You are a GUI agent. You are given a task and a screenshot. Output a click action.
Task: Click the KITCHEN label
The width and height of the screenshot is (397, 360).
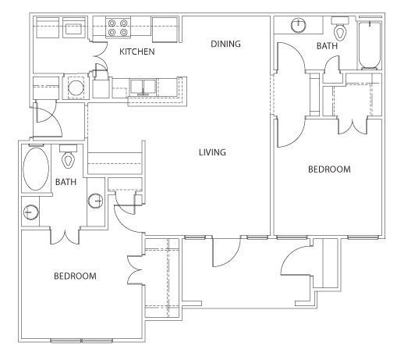(137, 52)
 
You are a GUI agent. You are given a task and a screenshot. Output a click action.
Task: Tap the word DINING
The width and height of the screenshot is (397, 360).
(225, 44)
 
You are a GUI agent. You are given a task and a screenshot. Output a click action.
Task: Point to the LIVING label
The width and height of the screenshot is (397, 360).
(212, 152)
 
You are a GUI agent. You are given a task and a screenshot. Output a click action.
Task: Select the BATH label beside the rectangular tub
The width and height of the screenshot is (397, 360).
(327, 46)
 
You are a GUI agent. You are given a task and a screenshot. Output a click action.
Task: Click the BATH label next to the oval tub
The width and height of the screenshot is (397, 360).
(66, 182)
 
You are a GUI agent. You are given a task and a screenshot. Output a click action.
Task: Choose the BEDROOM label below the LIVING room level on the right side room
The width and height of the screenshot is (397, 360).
(329, 169)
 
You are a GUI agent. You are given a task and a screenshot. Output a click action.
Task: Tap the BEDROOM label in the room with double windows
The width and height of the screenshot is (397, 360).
(75, 276)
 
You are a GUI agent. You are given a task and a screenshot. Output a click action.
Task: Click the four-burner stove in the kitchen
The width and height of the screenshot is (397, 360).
(118, 27)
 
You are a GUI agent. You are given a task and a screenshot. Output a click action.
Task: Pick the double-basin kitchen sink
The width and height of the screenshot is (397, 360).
(143, 87)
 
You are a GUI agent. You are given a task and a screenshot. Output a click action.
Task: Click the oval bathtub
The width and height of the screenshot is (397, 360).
(36, 169)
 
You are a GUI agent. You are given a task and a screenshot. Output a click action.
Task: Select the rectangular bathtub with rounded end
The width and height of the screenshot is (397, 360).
(370, 45)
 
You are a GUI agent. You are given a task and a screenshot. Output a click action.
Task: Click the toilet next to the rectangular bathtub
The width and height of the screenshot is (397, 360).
(340, 28)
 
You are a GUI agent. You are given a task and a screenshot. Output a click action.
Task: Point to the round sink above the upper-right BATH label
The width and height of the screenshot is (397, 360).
(298, 25)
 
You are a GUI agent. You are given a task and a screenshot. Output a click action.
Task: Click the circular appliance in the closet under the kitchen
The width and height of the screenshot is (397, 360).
(76, 87)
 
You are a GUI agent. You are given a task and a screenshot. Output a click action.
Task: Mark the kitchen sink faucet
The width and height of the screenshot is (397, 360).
(143, 91)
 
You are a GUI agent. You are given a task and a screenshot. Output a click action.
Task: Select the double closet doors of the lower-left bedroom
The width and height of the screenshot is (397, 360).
(136, 270)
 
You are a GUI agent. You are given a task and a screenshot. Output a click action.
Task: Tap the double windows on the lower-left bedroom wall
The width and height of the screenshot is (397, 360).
(81, 340)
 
